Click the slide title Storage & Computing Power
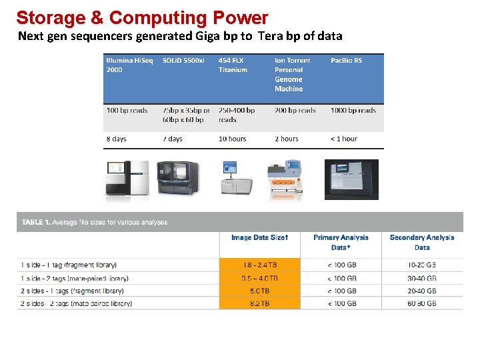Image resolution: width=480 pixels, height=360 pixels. (142, 17)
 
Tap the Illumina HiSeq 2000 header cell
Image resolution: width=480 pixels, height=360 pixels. (129, 65)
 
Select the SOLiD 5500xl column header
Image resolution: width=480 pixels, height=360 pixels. (183, 61)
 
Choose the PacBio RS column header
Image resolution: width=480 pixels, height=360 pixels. (346, 61)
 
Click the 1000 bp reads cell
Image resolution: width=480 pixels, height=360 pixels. (353, 111)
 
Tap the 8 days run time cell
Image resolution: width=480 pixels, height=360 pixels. (116, 139)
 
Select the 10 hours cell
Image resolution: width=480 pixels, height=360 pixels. (232, 139)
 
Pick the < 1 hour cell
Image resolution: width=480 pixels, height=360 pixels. (344, 139)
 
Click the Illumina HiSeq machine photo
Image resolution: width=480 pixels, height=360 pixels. (127, 179)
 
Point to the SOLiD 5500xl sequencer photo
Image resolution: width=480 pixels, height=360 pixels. (177, 179)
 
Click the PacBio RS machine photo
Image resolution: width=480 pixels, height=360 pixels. (351, 179)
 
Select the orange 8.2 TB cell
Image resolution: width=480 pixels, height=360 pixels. (260, 303)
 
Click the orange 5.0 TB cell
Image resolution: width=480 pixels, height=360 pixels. (260, 291)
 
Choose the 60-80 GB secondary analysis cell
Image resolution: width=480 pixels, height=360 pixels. (422, 303)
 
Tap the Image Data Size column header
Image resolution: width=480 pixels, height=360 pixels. (260, 238)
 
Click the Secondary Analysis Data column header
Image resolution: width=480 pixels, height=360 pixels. (422, 242)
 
